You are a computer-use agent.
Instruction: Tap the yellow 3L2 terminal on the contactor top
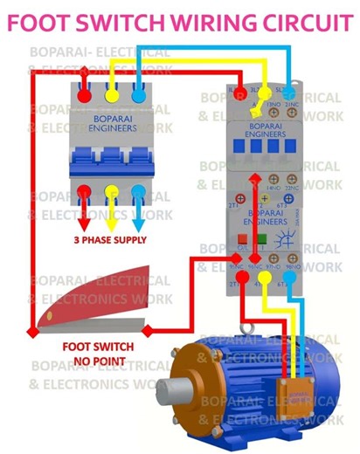(x=260, y=90)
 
